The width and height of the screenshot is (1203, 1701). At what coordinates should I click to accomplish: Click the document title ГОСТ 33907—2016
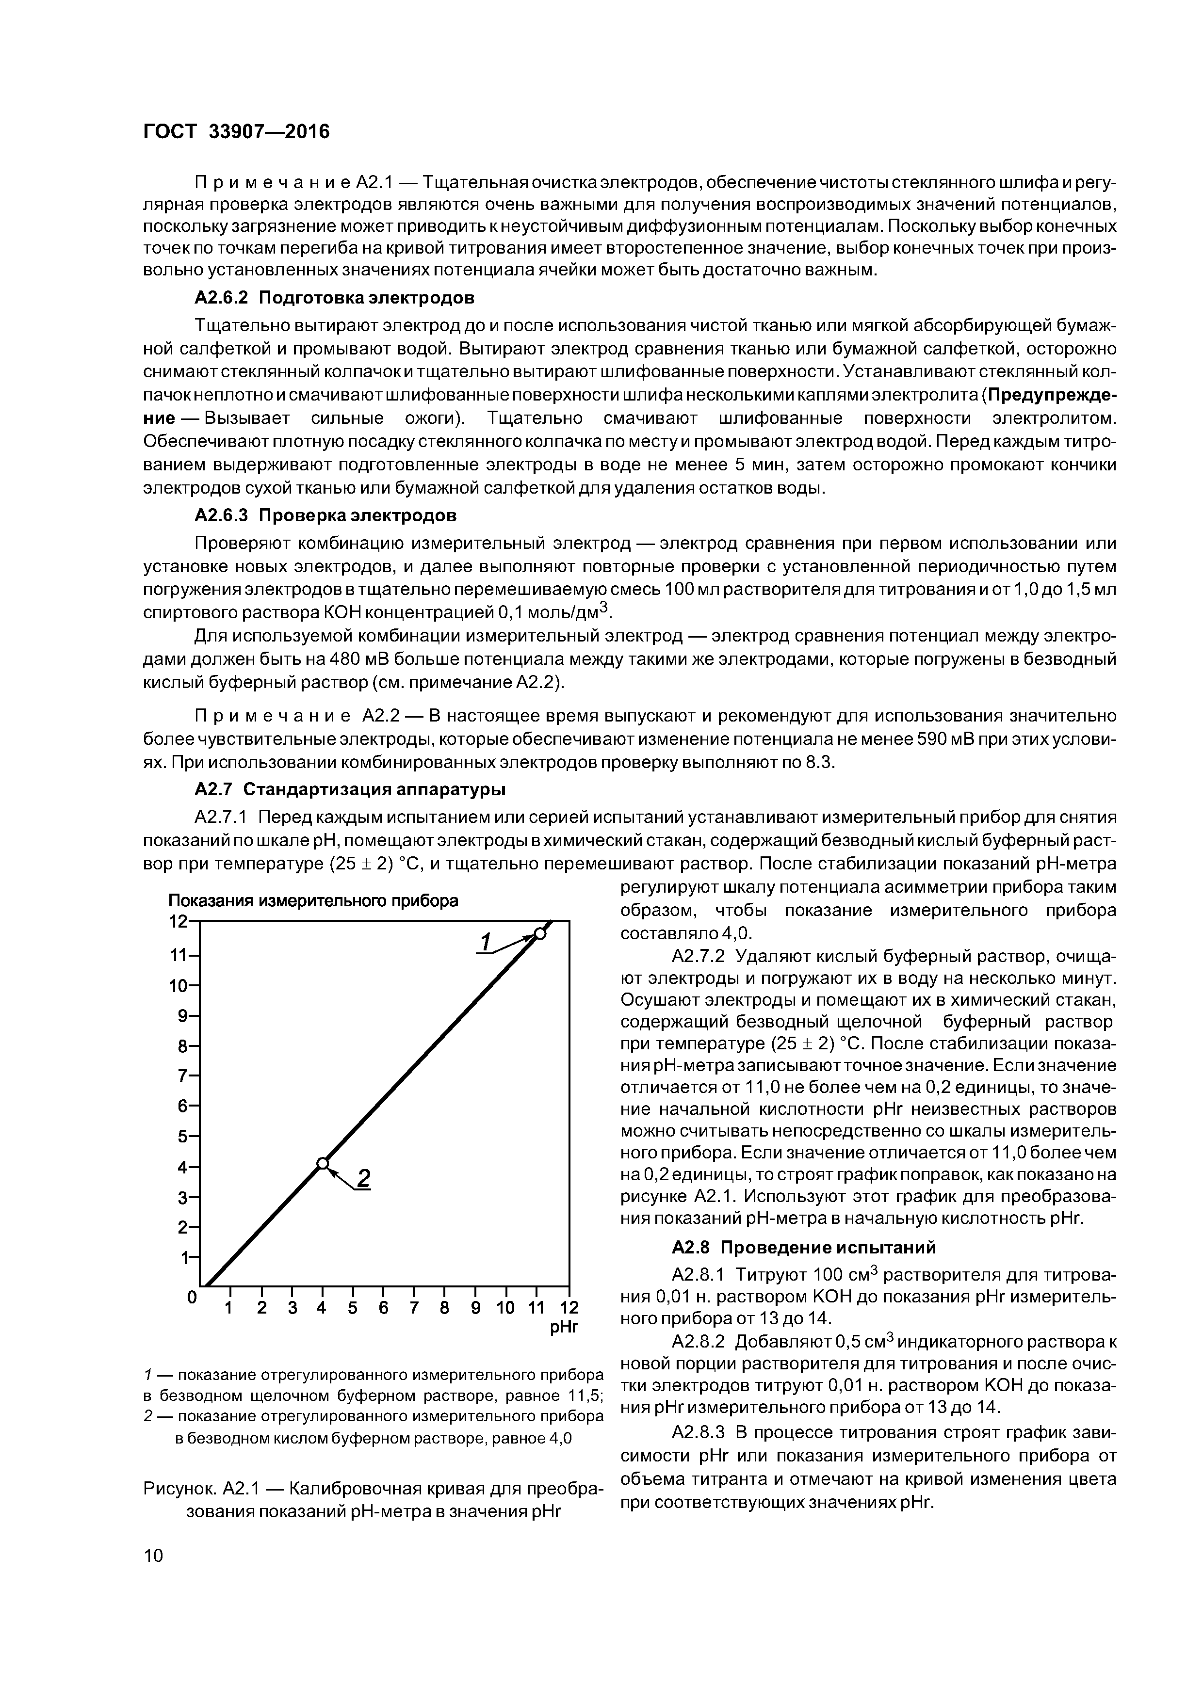point(236,132)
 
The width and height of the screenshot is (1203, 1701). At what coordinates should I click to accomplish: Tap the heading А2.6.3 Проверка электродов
point(325,515)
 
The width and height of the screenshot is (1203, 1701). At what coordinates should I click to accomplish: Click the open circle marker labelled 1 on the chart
point(539,933)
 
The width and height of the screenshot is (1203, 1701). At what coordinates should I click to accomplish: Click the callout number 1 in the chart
point(486,942)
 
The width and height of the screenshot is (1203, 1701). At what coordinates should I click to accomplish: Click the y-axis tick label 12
point(178,922)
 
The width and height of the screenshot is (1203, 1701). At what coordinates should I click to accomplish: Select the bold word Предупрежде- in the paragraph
point(1053,395)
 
